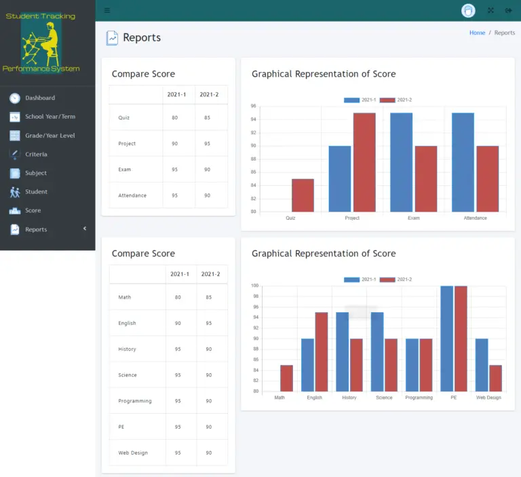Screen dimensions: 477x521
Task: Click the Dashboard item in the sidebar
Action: (x=39, y=98)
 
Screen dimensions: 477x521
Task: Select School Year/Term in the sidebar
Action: (x=50, y=117)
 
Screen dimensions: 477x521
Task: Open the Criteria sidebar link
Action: (x=36, y=155)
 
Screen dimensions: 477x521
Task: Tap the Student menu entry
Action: (x=36, y=192)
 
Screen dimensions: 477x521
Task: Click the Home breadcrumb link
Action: (x=477, y=33)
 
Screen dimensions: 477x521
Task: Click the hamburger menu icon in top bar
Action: (x=107, y=10)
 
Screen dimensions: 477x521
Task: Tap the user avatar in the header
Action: (x=468, y=10)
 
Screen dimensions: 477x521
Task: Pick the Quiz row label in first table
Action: (x=123, y=118)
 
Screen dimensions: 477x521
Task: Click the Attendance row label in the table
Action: (x=132, y=195)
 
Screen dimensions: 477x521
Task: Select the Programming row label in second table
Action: (x=134, y=401)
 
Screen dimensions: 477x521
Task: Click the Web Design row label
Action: (x=132, y=453)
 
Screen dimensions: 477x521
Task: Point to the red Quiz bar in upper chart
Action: (x=303, y=195)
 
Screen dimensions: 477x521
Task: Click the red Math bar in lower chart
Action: (x=286, y=379)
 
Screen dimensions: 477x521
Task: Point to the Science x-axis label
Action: (x=384, y=398)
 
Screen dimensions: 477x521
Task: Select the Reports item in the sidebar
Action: (x=36, y=229)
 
